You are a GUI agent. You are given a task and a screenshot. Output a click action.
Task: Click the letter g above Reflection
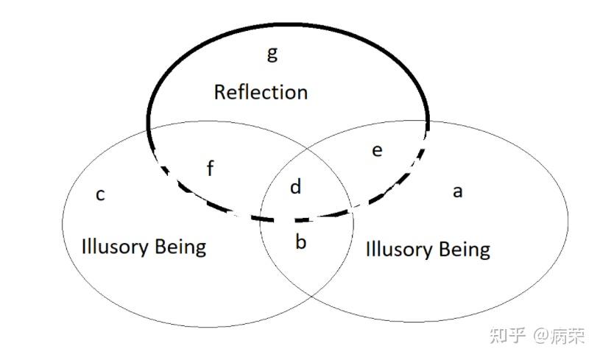tap(272, 54)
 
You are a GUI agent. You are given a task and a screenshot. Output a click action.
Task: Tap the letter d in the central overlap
tap(295, 187)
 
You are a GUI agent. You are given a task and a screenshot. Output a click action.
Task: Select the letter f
tap(211, 169)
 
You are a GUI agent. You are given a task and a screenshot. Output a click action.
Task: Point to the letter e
tap(377, 150)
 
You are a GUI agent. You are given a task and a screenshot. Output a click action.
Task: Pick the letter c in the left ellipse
tap(100, 195)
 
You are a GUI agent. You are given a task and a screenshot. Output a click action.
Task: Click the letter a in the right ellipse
tap(458, 191)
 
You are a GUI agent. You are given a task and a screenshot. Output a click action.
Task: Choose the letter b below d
tap(300, 241)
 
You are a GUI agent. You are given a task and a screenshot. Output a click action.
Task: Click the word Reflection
tap(261, 92)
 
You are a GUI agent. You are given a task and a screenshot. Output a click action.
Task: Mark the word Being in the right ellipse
tap(466, 249)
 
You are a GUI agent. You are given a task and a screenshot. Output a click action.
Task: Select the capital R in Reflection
tap(220, 92)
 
